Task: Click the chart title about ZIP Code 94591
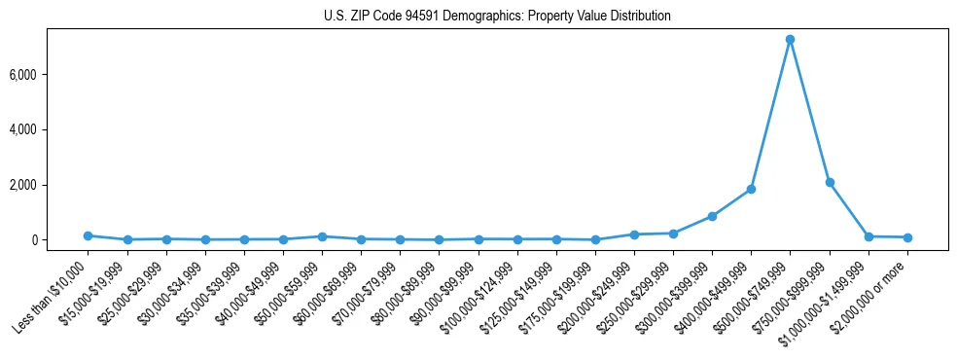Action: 497,17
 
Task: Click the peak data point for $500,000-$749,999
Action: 791,40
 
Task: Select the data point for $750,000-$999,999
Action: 830,182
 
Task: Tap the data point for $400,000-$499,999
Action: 751,189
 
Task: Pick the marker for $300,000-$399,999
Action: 712,216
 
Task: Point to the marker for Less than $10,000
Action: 88,235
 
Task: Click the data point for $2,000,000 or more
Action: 907,237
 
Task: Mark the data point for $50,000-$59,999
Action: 322,236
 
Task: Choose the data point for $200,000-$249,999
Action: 634,234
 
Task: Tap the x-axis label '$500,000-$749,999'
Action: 755,296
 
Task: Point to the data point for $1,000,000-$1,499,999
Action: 868,236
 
